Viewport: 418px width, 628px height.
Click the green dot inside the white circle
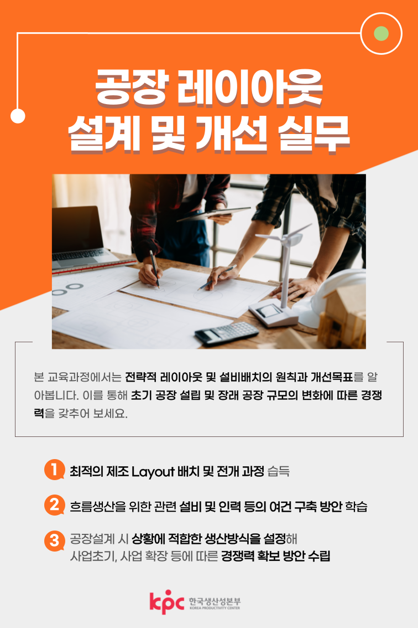381,34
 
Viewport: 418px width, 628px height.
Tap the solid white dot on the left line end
18,116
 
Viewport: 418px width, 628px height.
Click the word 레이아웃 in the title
249,87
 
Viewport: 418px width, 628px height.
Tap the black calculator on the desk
227,333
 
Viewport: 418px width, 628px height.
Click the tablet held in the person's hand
213,213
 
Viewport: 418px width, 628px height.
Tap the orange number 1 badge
54,470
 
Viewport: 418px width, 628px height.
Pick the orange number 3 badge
54,541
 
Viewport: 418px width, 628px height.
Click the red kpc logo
167,602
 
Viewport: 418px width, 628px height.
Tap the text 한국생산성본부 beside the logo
215,601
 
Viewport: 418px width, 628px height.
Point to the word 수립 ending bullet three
320,557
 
